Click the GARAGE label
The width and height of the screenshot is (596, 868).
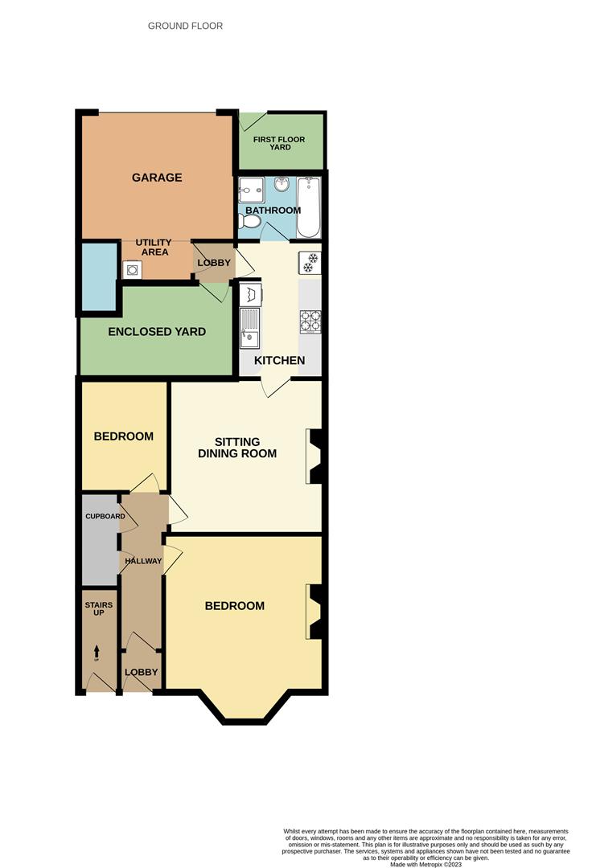(157, 178)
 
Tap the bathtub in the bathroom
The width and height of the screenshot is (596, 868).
(309, 207)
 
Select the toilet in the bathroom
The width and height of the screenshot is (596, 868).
(251, 220)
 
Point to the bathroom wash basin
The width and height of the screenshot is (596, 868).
(283, 186)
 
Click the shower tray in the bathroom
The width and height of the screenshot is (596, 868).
(251, 190)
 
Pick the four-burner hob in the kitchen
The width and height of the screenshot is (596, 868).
(310, 321)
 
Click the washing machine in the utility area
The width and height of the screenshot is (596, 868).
(131, 269)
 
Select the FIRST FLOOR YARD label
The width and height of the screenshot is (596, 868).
(279, 143)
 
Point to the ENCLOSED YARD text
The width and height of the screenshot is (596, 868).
(157, 332)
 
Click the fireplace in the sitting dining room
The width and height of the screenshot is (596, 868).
(314, 457)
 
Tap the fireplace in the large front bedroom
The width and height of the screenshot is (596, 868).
(314, 612)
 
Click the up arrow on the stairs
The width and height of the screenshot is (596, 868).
(97, 651)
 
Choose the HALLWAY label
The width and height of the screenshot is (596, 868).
(142, 561)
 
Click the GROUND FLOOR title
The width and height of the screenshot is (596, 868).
(185, 27)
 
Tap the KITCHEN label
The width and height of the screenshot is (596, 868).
(279, 361)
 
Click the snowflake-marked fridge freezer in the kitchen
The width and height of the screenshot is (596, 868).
(310, 261)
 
